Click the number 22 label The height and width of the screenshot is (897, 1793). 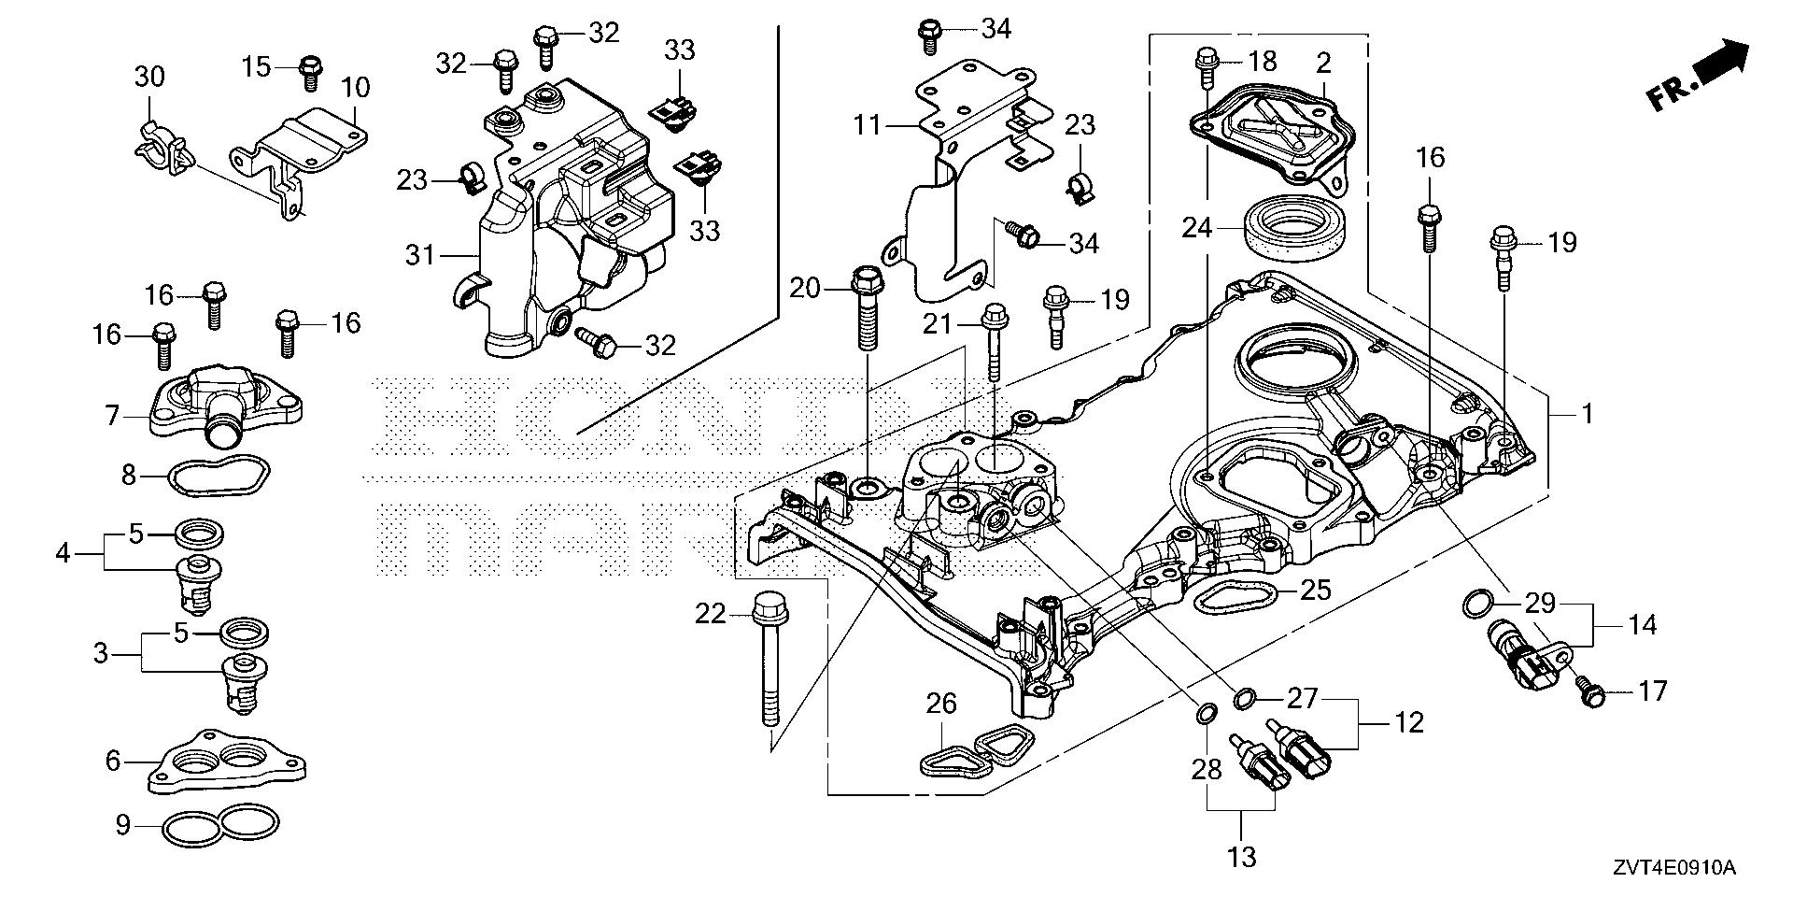click(710, 614)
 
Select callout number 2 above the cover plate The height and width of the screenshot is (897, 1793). click(1324, 64)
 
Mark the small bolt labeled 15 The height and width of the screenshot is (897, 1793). click(311, 70)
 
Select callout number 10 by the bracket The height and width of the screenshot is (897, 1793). click(355, 88)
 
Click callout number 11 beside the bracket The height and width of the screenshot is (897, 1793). click(868, 124)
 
